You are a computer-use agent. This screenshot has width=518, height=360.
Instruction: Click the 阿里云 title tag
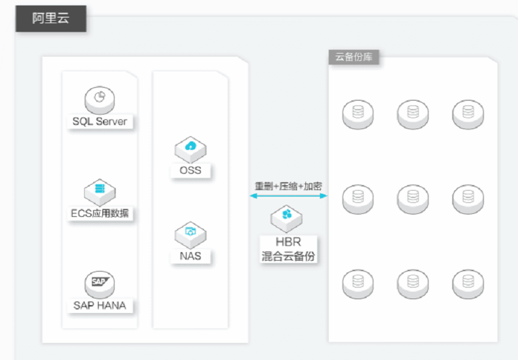[51, 18]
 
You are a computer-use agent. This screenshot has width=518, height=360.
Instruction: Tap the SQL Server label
[100, 121]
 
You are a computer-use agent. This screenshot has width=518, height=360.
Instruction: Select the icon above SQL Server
[100, 97]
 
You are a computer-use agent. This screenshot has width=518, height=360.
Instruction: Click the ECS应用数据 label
[100, 213]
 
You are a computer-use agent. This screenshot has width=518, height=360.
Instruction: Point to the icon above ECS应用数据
[100, 189]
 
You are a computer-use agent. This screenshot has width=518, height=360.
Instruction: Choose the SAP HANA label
[100, 305]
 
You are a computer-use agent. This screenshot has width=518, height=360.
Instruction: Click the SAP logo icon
[100, 282]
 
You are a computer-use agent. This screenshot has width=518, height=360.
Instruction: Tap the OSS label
[190, 170]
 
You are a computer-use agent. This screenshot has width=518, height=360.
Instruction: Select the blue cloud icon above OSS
[190, 147]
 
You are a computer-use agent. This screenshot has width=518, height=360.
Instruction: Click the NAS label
[190, 255]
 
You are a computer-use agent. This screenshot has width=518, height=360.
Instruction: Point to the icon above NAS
[190, 232]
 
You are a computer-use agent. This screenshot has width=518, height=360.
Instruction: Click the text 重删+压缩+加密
[288, 186]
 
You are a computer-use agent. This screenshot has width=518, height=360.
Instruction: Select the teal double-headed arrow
[288, 196]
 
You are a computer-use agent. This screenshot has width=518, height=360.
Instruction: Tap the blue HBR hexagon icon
[288, 216]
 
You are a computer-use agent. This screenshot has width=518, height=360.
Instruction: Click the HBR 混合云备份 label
[288, 249]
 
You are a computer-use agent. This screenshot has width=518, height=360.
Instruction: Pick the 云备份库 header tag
[354, 57]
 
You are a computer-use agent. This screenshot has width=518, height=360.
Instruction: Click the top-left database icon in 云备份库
[358, 113]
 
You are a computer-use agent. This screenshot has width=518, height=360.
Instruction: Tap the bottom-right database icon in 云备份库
[467, 282]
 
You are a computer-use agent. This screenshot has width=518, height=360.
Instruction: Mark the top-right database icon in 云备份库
[467, 113]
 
